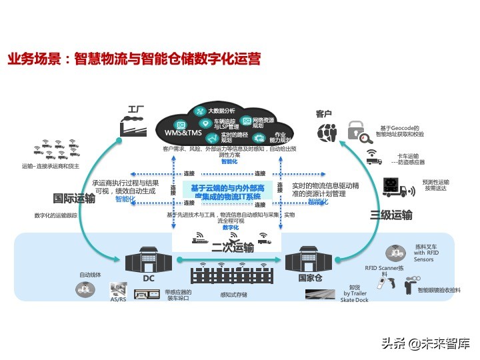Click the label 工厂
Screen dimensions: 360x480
(136, 109)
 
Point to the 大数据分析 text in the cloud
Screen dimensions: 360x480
(221, 111)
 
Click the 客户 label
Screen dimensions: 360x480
(324, 114)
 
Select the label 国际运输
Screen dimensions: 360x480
(74, 199)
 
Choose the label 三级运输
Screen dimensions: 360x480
(391, 215)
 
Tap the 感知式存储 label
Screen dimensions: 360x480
(233, 294)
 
